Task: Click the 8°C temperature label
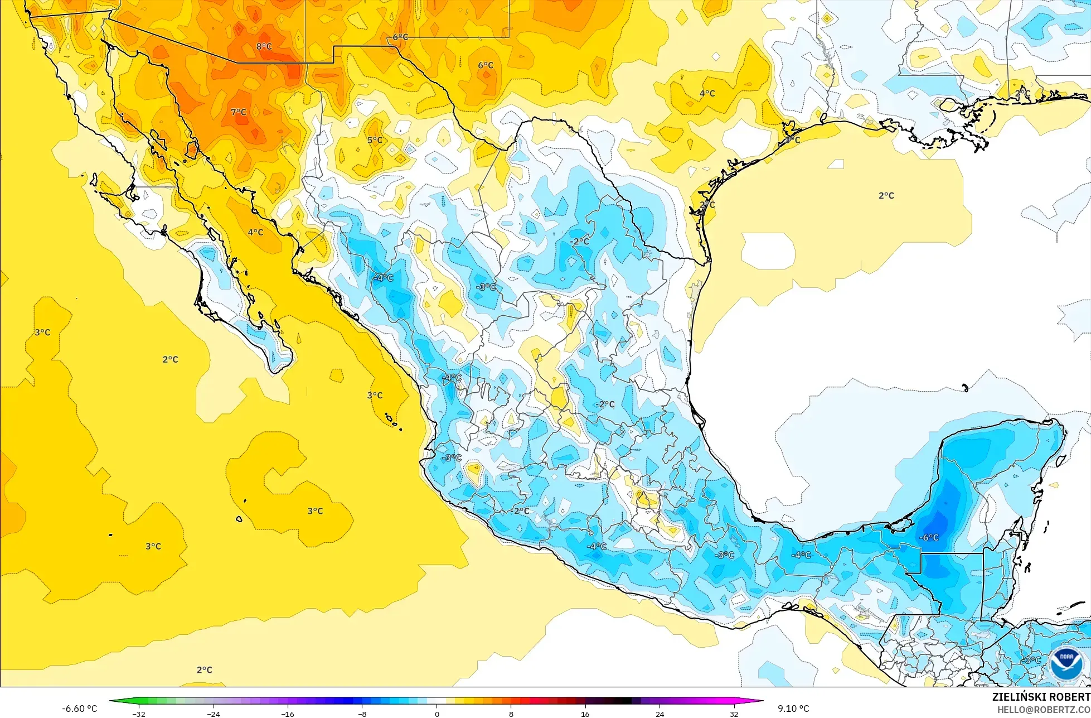(264, 46)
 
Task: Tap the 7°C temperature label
(239, 112)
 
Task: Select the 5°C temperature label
(375, 140)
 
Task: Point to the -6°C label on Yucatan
(929, 537)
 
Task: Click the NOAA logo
(1066, 664)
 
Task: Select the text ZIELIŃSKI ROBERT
(1041, 697)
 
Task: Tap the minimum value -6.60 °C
(80, 709)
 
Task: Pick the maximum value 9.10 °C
(794, 709)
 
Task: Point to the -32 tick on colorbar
(139, 714)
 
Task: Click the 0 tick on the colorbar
(437, 714)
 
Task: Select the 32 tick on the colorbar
(734, 714)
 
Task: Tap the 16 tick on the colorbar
(585, 714)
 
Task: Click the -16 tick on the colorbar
(288, 714)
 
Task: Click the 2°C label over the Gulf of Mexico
(886, 196)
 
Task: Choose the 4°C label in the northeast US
(707, 94)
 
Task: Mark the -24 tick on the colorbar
(214, 714)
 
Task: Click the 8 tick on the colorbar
(511, 714)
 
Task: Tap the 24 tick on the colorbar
(660, 714)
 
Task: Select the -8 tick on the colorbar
(362, 714)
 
